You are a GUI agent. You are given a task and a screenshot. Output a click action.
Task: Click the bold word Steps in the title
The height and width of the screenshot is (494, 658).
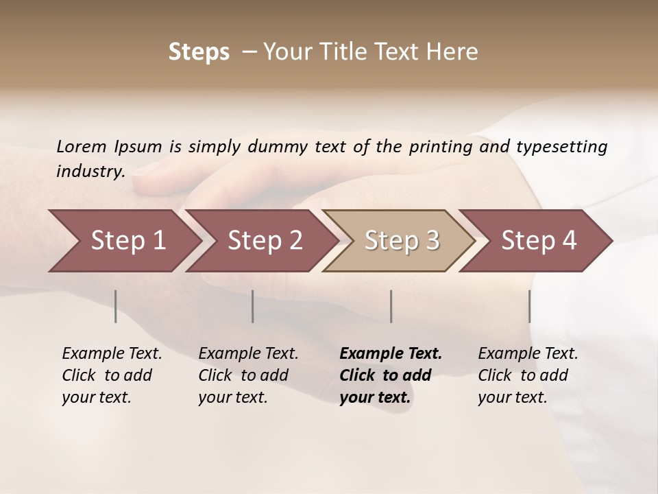tap(199, 52)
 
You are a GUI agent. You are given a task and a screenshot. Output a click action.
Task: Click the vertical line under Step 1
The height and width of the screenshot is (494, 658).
tap(115, 306)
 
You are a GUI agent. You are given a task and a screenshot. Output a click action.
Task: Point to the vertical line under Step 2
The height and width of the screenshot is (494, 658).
tap(253, 306)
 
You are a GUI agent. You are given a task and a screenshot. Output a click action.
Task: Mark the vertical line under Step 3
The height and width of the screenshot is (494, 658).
tap(391, 306)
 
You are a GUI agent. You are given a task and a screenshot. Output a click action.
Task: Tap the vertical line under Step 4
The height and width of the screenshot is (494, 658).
tap(529, 306)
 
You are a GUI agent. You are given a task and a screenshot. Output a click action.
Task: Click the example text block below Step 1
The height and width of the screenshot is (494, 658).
tap(112, 375)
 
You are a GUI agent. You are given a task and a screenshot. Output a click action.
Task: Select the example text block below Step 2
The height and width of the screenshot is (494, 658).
tap(248, 375)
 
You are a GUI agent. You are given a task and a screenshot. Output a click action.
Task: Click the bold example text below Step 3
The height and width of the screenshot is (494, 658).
tap(391, 375)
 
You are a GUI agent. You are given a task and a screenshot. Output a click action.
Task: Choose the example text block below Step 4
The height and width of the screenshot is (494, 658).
tap(528, 375)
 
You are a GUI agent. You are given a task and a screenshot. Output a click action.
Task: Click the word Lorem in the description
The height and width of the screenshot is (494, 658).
tap(82, 146)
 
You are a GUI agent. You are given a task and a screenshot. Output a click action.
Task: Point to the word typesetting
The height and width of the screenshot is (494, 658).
tap(561, 146)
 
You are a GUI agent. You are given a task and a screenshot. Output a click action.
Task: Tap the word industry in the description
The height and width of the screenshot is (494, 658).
tap(90, 171)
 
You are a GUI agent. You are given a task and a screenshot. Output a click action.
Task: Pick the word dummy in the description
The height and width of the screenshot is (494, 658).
tap(278, 146)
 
